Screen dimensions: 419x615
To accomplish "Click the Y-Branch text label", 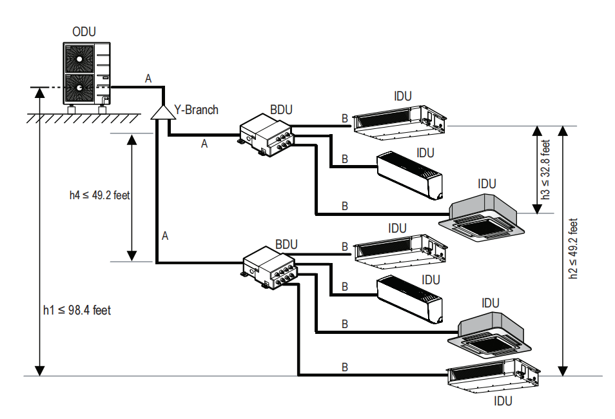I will point(197,110).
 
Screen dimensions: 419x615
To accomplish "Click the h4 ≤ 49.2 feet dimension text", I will point(99,195).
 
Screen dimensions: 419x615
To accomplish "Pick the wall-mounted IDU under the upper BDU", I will point(411,173).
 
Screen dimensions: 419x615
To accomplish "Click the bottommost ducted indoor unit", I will point(493,378).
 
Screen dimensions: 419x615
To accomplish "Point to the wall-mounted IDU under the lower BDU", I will point(411,298).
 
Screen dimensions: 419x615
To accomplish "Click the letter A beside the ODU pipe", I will point(149,79).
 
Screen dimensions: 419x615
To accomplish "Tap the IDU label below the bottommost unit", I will point(502,402).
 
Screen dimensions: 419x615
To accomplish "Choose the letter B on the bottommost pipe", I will point(345,367).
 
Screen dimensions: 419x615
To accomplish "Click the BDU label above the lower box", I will point(286,245).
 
